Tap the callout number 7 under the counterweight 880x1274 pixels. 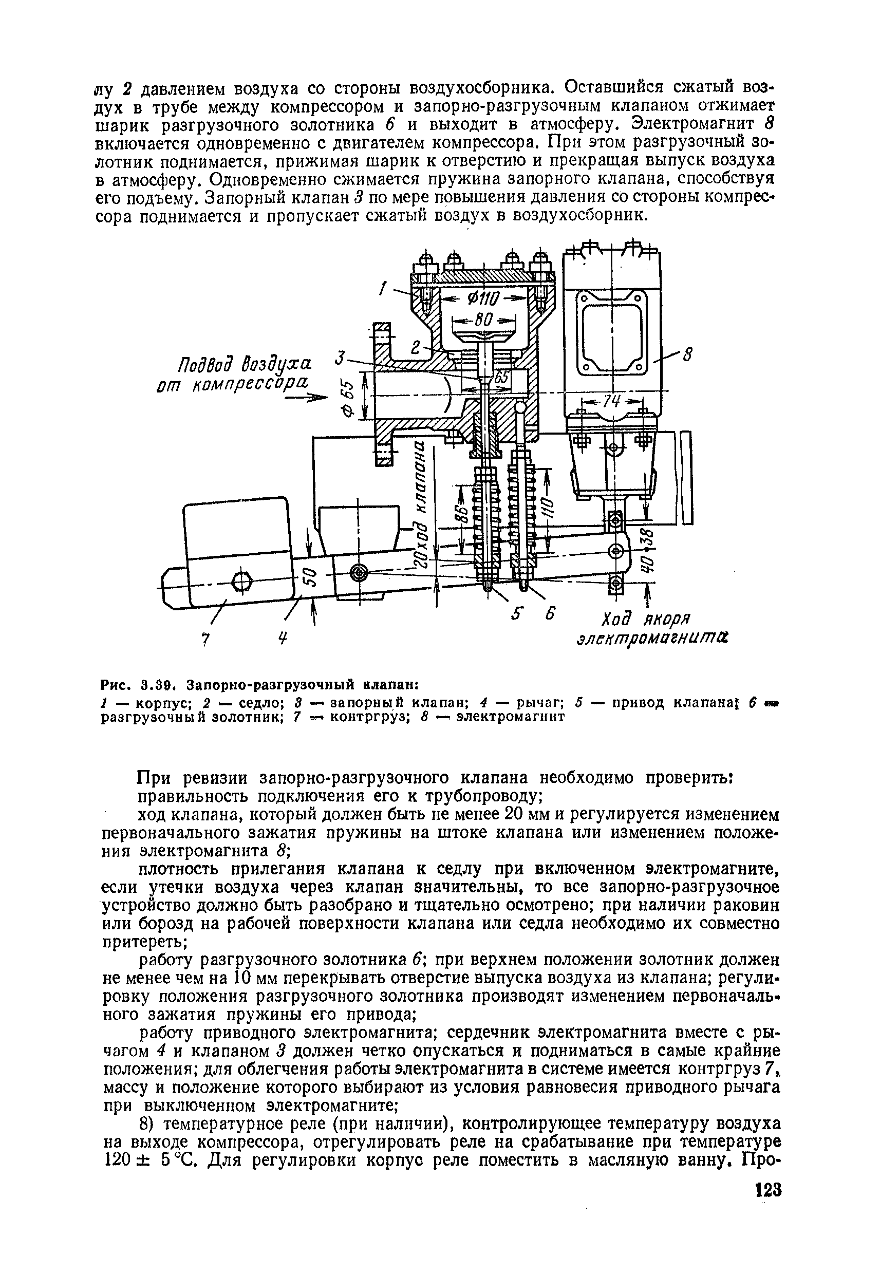[205, 639]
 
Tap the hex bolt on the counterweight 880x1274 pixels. [242, 580]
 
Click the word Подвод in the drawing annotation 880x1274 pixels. [205, 364]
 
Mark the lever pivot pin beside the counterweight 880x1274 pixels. [359, 574]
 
